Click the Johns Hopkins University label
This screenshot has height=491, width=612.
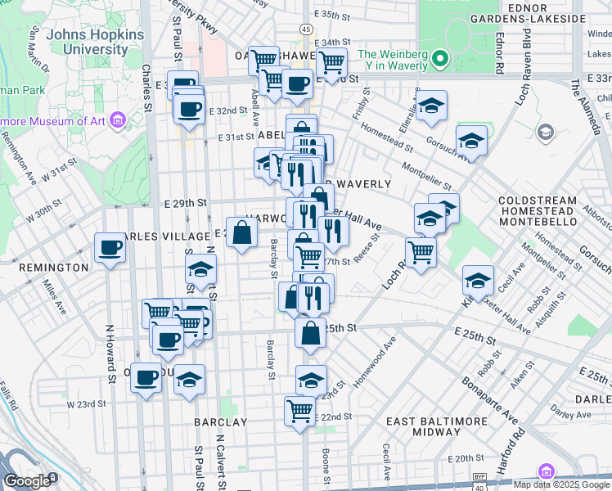96,43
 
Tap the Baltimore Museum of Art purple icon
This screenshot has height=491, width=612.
119,122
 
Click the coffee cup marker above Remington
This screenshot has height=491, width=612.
109,247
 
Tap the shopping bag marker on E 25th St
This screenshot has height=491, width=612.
310,333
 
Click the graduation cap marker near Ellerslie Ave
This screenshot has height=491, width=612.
431,106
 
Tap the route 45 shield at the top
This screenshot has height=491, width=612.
304,29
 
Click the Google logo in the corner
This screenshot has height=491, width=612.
27,481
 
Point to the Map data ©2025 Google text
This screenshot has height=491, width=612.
561,484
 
